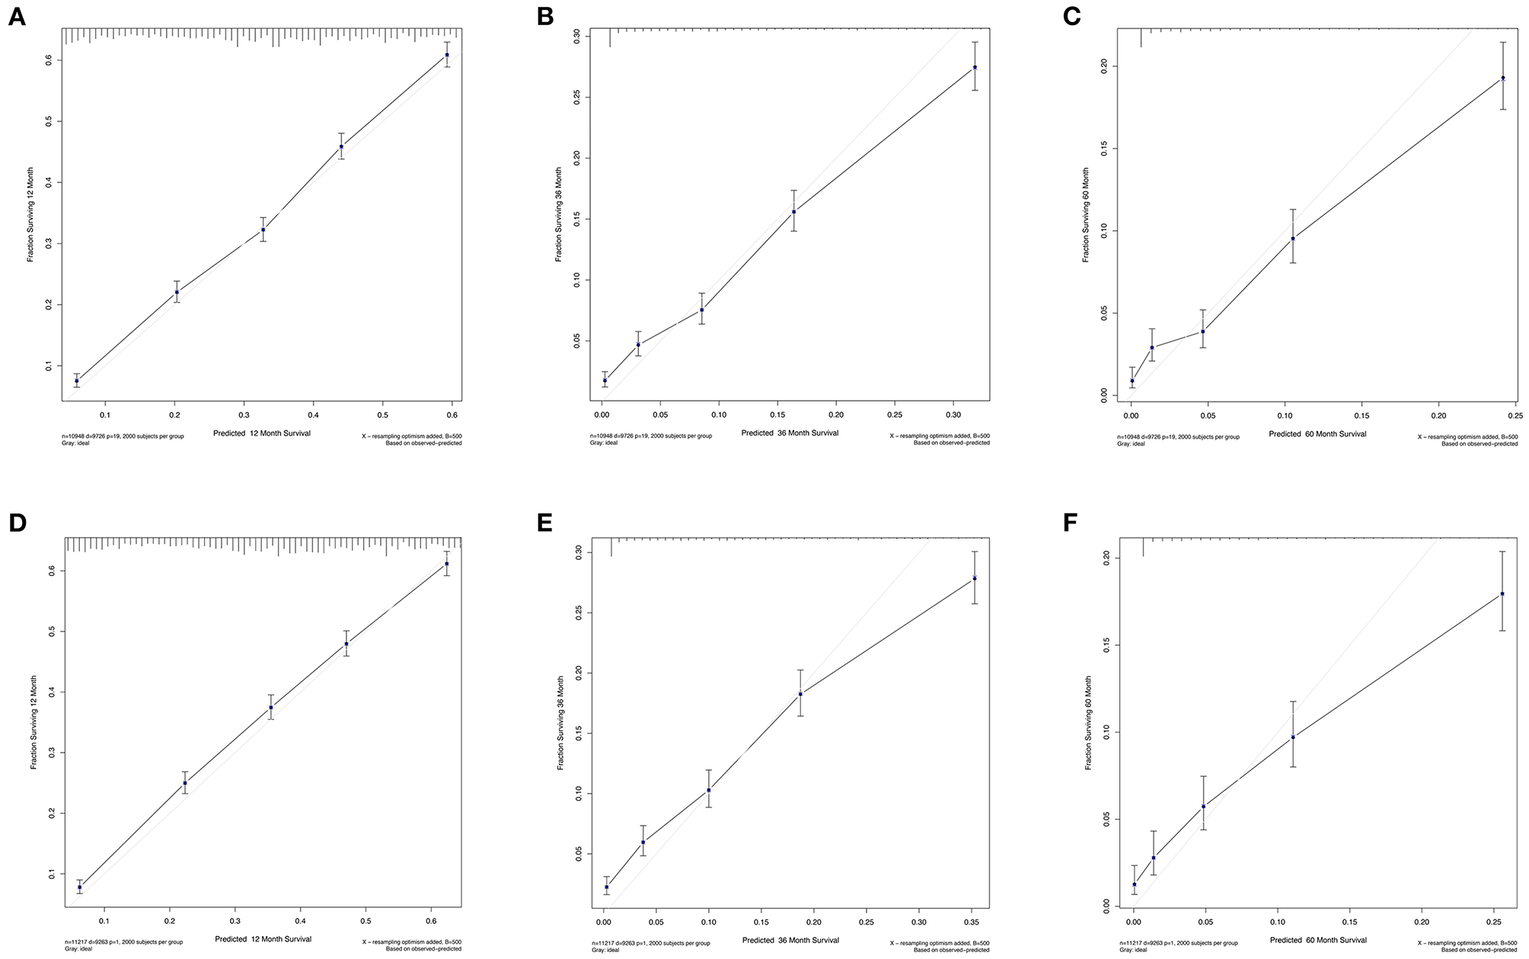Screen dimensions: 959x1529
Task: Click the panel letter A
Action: point(16,18)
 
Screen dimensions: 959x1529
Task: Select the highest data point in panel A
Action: point(447,55)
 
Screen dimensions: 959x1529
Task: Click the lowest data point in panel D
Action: point(79,887)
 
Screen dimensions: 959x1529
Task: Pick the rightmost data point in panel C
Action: point(1503,78)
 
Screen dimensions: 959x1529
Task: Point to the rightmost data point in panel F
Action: point(1502,594)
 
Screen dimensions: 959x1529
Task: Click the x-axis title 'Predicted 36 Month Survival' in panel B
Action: point(790,433)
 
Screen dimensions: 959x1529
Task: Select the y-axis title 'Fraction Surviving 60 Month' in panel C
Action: point(1086,215)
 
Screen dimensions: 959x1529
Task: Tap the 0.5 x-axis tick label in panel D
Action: point(366,921)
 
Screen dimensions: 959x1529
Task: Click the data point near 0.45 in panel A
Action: point(341,146)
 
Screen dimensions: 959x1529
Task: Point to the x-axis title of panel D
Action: point(263,938)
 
